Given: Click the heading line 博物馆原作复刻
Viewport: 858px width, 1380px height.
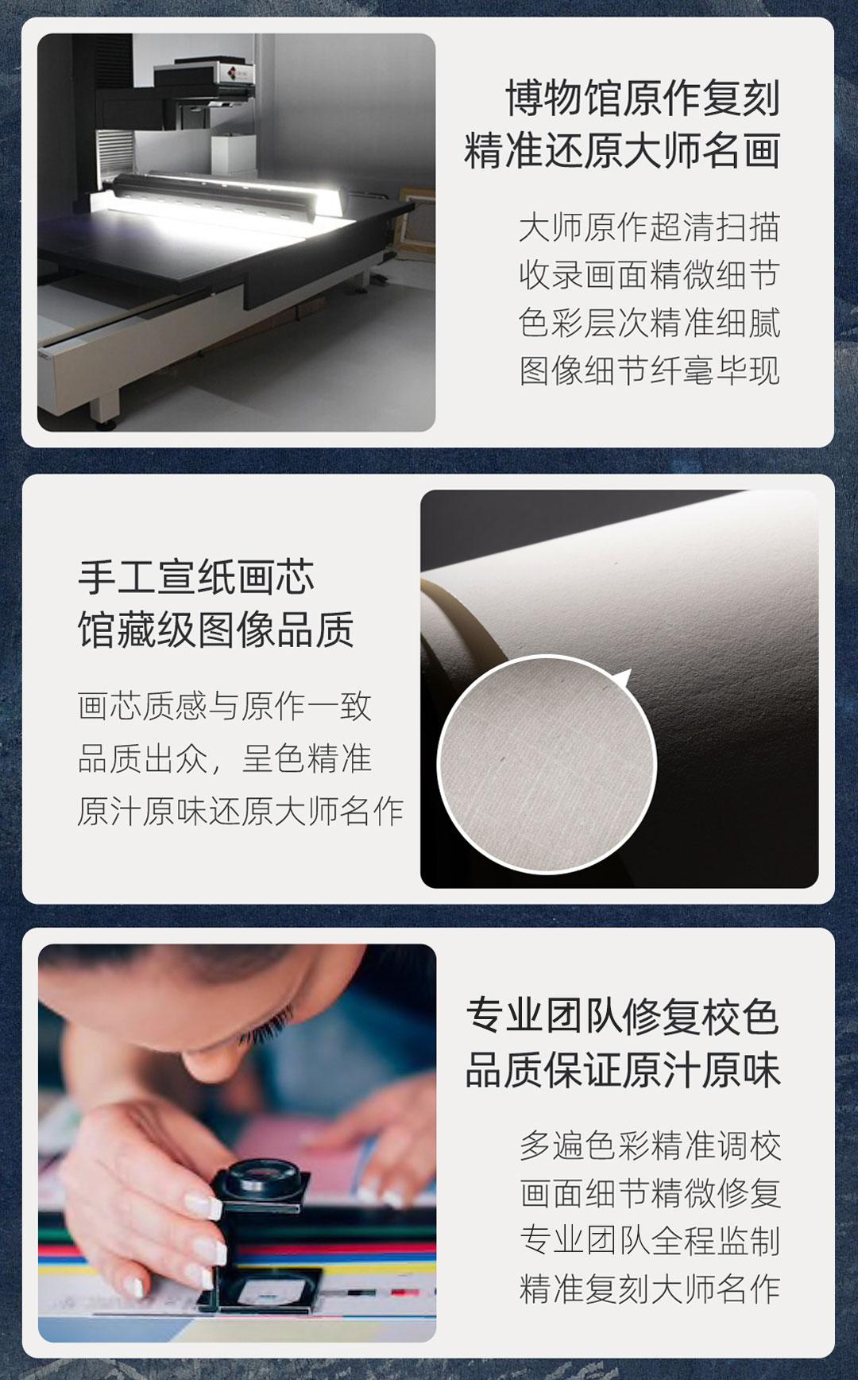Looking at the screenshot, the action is click(643, 99).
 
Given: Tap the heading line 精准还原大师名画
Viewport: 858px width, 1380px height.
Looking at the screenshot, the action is click(623, 151).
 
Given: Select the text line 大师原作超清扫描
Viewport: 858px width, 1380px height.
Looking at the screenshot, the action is click(650, 227).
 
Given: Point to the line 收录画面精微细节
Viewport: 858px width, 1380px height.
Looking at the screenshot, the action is click(650, 275).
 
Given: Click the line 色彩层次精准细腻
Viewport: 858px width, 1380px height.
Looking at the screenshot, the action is click(650, 323).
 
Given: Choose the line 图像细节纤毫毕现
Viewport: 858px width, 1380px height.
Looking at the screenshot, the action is click(650, 370).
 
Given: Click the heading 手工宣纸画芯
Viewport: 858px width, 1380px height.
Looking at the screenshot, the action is click(196, 577).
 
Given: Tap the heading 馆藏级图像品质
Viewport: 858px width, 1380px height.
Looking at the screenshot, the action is click(216, 630).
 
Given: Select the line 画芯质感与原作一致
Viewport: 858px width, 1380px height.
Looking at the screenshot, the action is click(225, 706).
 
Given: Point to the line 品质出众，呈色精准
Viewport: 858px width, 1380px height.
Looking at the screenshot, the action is click(225, 758).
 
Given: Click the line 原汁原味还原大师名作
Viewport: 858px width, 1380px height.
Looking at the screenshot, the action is click(241, 811).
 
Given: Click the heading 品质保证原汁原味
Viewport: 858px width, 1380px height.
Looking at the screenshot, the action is click(623, 1069).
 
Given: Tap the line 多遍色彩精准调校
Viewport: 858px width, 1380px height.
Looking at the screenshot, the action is click(651, 1145).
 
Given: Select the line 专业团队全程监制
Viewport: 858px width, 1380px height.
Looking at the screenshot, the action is click(651, 1241).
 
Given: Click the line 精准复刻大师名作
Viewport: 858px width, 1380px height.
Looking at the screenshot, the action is click(651, 1289).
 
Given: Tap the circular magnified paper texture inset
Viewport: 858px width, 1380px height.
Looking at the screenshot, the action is click(547, 764).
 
